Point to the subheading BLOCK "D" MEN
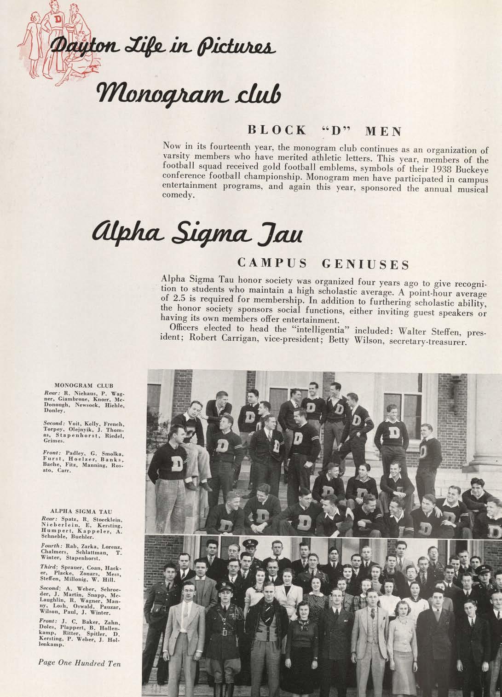pyautogui.click(x=325, y=130)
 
